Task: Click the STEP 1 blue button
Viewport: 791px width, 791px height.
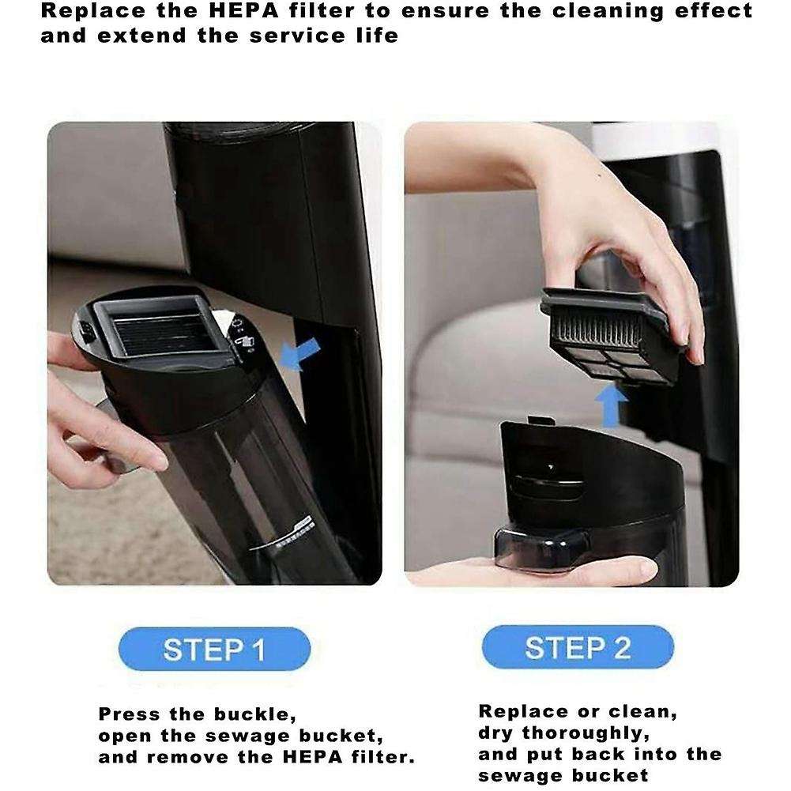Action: click(214, 650)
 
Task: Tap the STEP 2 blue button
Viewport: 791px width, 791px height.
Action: click(578, 648)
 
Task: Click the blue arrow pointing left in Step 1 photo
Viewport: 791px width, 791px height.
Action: click(303, 352)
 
